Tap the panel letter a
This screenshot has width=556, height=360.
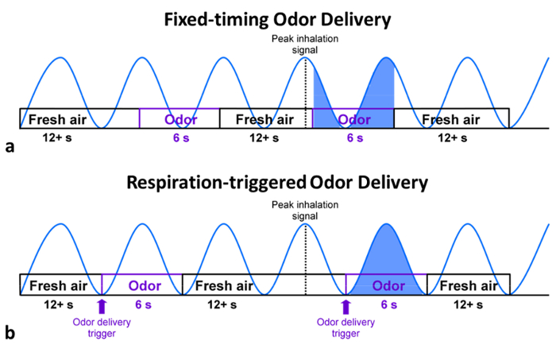(9, 146)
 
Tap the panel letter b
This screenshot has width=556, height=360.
(10, 332)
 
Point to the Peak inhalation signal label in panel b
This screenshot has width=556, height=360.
(306, 209)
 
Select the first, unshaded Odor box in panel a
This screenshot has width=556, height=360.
(180, 119)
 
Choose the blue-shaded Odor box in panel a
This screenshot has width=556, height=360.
(353, 119)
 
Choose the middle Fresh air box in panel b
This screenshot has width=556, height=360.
(225, 285)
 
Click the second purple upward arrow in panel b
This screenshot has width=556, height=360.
(345, 304)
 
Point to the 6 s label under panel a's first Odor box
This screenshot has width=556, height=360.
(180, 137)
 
